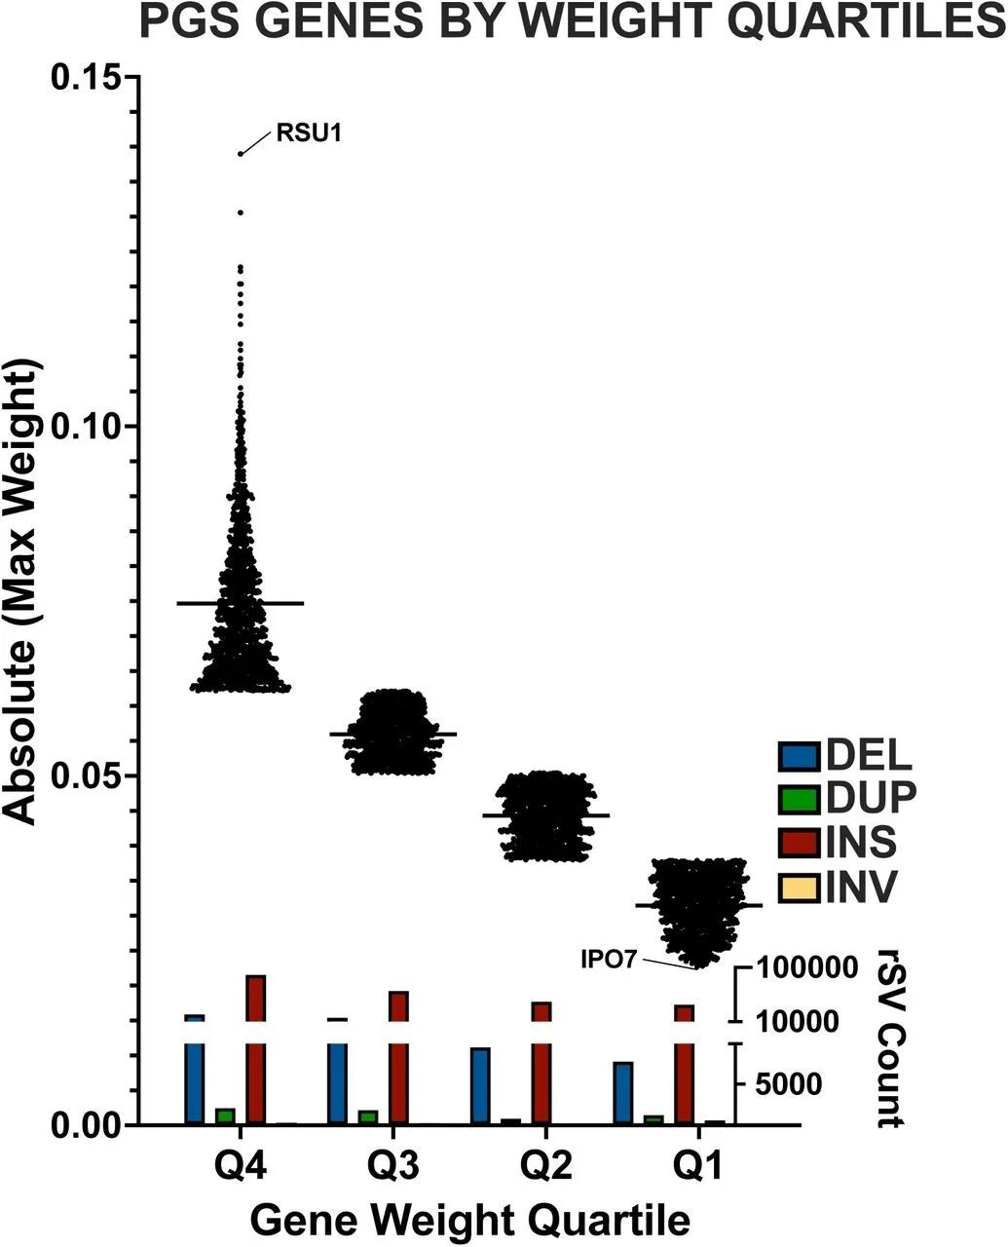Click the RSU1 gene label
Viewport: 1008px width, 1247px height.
pos(310,133)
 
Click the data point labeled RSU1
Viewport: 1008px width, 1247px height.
pos(241,154)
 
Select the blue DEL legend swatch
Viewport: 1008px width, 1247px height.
pos(799,756)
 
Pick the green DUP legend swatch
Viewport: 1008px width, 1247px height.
pos(799,800)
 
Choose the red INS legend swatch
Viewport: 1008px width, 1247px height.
pos(799,843)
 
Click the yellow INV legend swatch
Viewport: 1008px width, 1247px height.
pos(799,888)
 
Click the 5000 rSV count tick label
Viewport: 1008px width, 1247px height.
pos(784,1082)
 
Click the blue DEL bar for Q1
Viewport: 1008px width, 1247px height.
pos(623,1093)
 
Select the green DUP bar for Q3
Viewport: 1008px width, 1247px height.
pos(368,1116)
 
